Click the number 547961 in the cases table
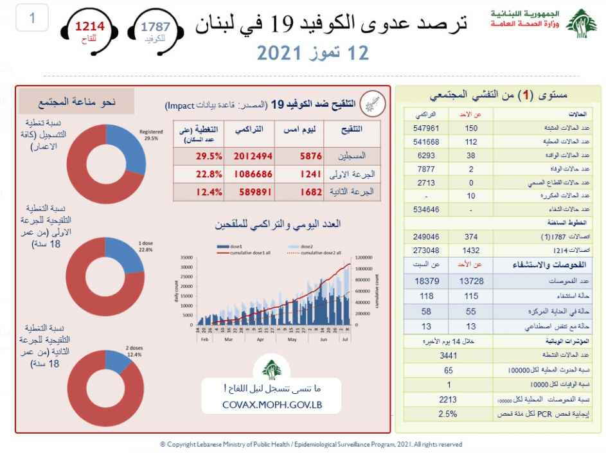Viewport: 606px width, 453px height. pyautogui.click(x=424, y=128)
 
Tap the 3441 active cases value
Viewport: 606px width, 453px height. pyautogui.click(x=449, y=355)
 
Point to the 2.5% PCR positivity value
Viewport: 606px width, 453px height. pyautogui.click(x=449, y=414)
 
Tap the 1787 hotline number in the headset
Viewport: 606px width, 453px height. pyautogui.click(x=156, y=26)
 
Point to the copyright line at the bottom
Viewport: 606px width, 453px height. pyautogui.click(x=311, y=444)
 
